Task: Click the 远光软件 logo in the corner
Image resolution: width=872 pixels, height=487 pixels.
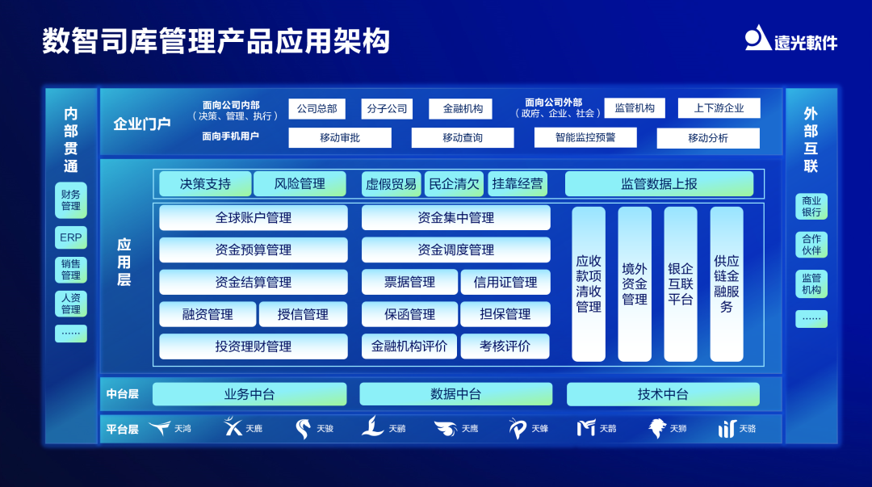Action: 790,39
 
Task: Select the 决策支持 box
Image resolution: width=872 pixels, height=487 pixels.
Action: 205,184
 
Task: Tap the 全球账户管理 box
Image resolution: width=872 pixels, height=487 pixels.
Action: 253,218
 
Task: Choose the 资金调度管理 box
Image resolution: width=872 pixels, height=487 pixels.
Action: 455,250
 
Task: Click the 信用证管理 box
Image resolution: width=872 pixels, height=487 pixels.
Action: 505,283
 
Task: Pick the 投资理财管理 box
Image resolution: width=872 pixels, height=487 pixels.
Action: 253,346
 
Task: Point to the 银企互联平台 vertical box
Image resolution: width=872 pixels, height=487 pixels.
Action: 681,283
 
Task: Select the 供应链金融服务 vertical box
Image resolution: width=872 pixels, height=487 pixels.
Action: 727,283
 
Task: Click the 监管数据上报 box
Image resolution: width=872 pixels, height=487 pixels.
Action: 659,184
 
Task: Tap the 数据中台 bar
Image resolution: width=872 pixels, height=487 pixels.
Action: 455,394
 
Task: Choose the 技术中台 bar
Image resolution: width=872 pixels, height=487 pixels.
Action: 663,394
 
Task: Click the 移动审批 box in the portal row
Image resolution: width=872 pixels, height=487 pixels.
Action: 340,138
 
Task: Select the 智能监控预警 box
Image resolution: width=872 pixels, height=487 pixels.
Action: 585,138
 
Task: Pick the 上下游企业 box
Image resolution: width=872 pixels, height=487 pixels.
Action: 719,108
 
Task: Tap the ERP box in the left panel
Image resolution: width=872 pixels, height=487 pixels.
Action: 71,238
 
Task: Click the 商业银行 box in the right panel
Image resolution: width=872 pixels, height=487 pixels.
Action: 811,206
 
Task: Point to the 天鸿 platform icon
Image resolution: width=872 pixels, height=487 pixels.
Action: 160,428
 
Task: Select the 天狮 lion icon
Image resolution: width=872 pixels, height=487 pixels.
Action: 657,428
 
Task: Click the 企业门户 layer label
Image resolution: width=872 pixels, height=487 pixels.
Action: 142,124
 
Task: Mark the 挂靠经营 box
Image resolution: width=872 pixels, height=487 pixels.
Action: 518,184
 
